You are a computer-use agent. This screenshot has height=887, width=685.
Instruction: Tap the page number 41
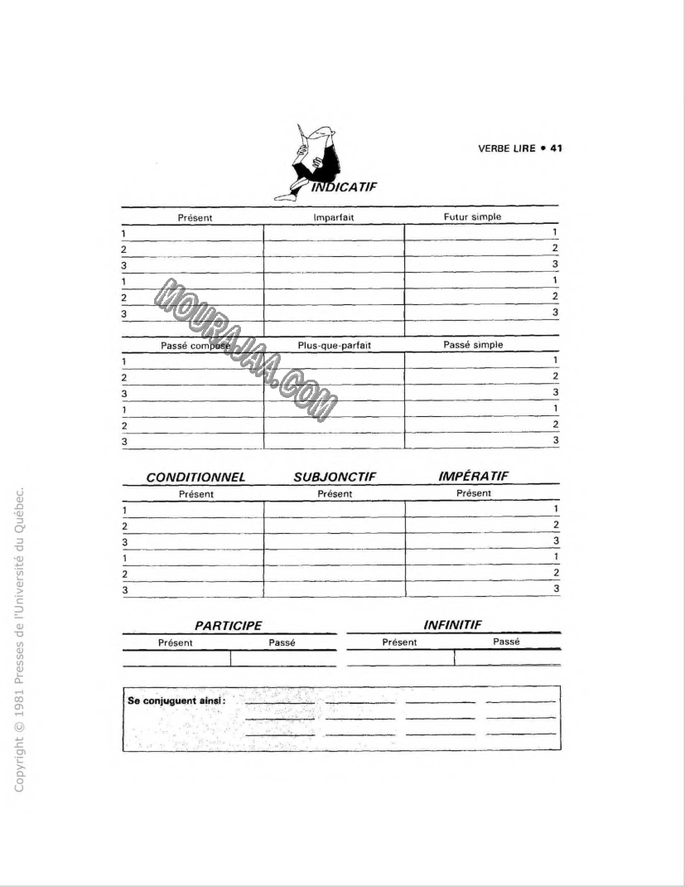tap(556, 148)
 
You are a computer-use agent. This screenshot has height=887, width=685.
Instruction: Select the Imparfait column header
tap(334, 217)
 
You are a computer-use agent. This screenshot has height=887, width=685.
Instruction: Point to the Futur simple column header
tap(472, 216)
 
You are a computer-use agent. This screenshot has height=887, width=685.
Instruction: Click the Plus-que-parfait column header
tap(335, 346)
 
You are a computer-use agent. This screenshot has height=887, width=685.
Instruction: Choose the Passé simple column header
tap(473, 345)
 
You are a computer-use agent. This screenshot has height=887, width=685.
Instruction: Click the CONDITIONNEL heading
tap(195, 477)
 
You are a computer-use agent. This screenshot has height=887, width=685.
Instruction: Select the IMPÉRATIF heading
tap(473, 476)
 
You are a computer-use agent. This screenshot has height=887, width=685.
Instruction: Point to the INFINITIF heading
tap(452, 625)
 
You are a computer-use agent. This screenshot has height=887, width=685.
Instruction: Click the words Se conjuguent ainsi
tap(177, 700)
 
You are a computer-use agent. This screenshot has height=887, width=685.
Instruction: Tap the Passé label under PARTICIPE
tap(282, 642)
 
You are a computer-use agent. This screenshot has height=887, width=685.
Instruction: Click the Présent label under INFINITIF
tap(399, 642)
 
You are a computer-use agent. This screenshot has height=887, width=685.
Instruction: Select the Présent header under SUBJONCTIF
tap(335, 494)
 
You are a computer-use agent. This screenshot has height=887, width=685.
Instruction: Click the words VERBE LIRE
tap(506, 148)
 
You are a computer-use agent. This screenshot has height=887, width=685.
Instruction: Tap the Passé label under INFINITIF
tap(506, 642)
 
